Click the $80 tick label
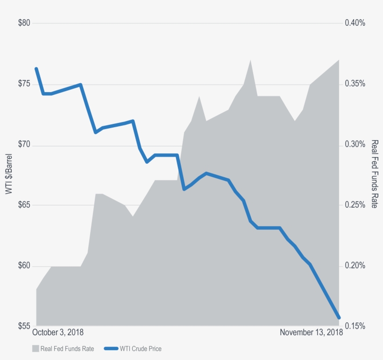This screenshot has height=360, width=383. tap(24, 23)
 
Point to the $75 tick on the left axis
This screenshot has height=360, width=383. tap(24, 84)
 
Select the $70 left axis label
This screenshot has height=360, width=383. tap(24, 145)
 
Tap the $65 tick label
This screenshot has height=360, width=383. tap(24, 205)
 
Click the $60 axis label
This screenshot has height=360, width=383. tap(24, 266)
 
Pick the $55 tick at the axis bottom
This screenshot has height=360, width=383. tap(24, 326)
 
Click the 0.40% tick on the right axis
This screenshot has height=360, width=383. tap(355, 23)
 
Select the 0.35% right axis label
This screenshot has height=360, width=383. tap(355, 84)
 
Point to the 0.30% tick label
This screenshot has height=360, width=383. tap(355, 145)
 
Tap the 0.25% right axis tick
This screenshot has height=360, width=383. tap(355, 205)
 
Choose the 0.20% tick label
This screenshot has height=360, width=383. tap(355, 266)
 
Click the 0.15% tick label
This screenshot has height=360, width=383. tap(355, 326)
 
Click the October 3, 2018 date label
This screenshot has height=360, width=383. tap(58, 332)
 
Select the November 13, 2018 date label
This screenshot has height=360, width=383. tap(311, 332)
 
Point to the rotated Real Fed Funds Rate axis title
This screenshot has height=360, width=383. tap(374, 174)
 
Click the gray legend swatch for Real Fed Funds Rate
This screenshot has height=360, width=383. tap(35, 348)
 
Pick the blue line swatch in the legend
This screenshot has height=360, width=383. tap(111, 348)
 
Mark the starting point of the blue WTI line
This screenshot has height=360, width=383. tap(36, 69)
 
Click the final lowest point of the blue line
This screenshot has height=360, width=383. tap(339, 318)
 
